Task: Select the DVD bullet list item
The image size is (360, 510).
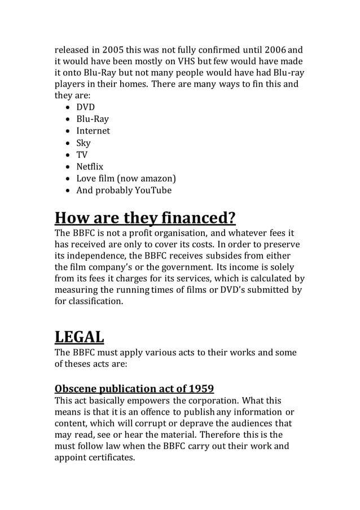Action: (85, 107)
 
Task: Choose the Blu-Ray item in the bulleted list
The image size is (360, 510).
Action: (93, 119)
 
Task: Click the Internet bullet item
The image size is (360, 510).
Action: (93, 131)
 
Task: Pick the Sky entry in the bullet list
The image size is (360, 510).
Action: (84, 143)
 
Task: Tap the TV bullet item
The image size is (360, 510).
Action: (82, 155)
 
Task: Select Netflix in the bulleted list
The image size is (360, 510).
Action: (90, 166)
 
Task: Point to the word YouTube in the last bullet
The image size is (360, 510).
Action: (153, 191)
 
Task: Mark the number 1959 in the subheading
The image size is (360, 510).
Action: (201, 389)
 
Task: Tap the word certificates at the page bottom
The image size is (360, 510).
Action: (109, 458)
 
